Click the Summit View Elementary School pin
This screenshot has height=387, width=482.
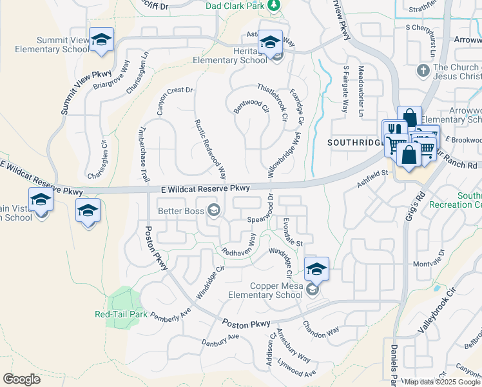[x=101, y=39]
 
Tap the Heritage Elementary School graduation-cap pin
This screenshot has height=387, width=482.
[x=271, y=43]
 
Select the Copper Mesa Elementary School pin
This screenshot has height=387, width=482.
[x=316, y=269]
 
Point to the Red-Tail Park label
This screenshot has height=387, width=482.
[x=120, y=315]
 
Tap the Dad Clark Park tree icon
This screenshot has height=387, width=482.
[x=275, y=5]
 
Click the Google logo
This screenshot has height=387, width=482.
[x=22, y=379]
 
